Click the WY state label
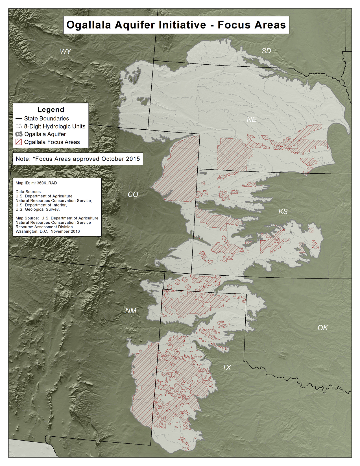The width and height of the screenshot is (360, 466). click(x=66, y=51)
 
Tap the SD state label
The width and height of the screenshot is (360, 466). click(x=266, y=51)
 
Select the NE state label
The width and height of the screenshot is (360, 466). click(x=252, y=119)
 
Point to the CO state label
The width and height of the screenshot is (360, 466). click(x=133, y=195)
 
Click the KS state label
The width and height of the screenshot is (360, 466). click(x=283, y=212)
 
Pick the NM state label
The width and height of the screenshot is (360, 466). click(x=131, y=311)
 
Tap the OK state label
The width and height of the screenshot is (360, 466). click(x=322, y=328)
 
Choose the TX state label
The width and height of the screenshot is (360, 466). click(x=226, y=367)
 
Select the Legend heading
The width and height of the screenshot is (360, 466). click(x=51, y=110)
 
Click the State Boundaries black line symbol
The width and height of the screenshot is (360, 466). click(x=19, y=119)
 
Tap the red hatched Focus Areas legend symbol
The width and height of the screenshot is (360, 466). click(x=19, y=142)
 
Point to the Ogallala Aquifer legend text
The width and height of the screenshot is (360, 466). click(x=45, y=134)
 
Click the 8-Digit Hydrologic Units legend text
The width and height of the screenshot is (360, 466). click(x=54, y=127)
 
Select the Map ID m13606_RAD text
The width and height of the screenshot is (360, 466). click(x=36, y=183)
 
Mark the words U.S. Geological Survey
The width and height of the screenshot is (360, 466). click(x=38, y=210)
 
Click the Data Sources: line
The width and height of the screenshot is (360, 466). click(x=29, y=192)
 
